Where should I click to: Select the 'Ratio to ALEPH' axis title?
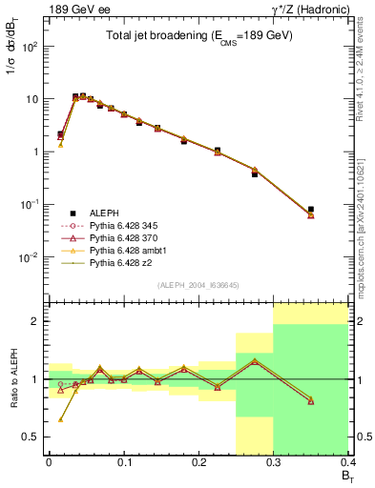point(13,379)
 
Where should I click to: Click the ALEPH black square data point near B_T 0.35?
point(311,210)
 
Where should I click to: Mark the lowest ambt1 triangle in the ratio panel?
point(61,418)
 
